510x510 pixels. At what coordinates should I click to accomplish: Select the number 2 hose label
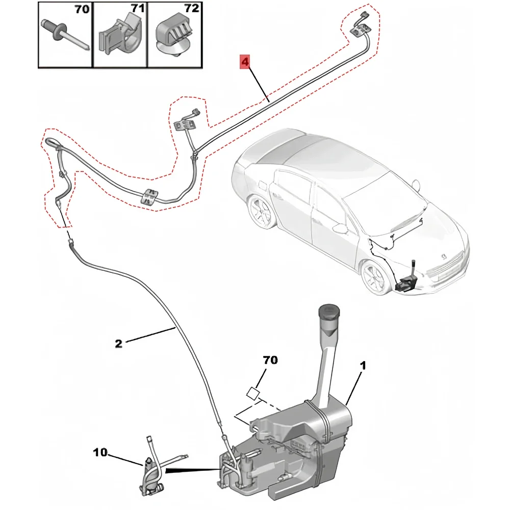(x=118, y=343)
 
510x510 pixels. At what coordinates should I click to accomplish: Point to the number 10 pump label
(x=100, y=452)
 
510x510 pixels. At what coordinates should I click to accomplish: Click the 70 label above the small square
(x=270, y=361)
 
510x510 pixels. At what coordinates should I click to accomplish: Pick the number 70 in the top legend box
(x=82, y=10)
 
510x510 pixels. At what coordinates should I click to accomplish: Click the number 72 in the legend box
(x=191, y=10)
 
